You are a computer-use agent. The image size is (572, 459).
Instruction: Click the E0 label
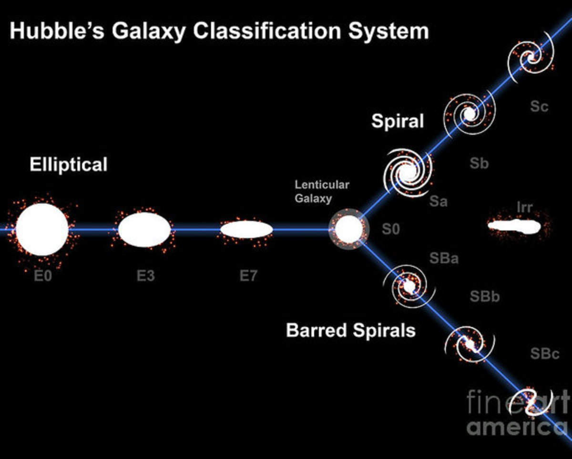tap(43, 276)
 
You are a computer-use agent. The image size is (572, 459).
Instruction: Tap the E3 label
tap(145, 276)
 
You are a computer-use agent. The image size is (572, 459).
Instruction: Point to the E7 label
tap(248, 276)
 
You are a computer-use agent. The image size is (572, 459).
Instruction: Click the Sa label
tap(438, 202)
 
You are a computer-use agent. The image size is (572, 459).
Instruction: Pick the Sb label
tap(479, 164)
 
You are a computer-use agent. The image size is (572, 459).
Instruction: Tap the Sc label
tap(540, 106)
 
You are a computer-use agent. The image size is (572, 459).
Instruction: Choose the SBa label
tap(444, 259)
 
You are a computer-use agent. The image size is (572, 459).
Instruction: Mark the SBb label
tap(485, 297)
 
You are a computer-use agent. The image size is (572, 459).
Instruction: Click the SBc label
tap(545, 354)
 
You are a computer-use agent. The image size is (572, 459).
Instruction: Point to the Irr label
tap(524, 208)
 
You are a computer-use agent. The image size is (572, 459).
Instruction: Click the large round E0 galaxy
tap(42, 229)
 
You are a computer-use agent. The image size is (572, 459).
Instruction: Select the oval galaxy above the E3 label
tap(144, 229)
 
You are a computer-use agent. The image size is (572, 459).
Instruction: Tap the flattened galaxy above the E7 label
tap(246, 229)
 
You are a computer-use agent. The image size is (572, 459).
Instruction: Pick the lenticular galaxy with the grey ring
tap(349, 229)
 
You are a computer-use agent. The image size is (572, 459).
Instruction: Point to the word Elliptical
tap(69, 165)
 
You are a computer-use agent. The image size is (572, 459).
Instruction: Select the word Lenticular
tap(322, 185)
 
